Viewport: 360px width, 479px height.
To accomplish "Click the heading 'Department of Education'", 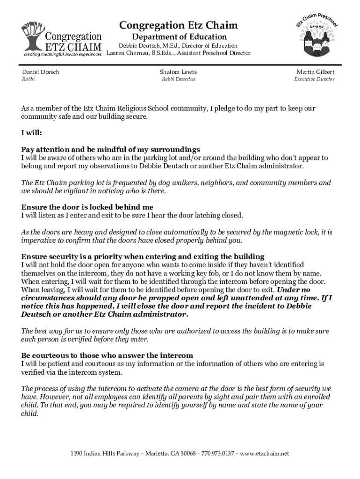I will click(x=179, y=37).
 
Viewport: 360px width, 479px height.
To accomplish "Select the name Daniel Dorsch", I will click(x=41, y=72).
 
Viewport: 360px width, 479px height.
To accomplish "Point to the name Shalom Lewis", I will click(x=178, y=72).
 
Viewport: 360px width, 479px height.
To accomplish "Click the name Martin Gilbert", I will click(x=316, y=72).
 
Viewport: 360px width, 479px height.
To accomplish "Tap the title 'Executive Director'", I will click(x=314, y=80).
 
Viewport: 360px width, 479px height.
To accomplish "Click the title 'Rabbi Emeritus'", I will click(x=178, y=80).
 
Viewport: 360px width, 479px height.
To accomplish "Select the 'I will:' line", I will click(x=32, y=133).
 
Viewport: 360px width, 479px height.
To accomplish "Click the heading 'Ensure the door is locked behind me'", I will click(x=87, y=207).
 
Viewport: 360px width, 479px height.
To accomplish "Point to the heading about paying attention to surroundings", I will click(x=111, y=150).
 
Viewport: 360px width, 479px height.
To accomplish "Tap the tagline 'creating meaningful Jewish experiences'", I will click(x=63, y=55).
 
